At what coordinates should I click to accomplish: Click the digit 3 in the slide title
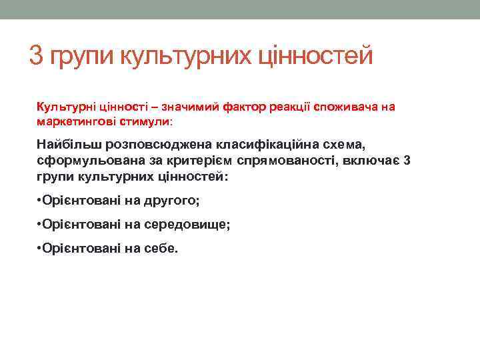(37, 55)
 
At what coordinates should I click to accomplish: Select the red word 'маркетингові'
(71, 123)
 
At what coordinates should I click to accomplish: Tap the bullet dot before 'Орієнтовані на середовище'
(41, 224)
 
